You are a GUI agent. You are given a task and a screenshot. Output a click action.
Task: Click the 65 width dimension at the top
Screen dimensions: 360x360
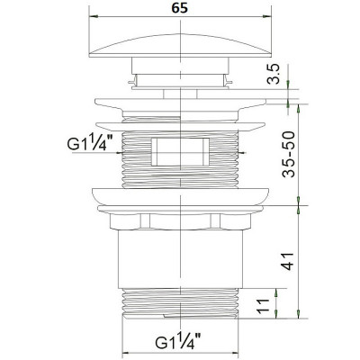[x=180, y=8]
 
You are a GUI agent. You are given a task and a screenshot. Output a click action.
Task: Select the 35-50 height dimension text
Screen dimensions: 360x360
[x=289, y=154]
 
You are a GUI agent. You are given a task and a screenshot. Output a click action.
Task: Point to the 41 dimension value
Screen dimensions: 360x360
[x=289, y=261]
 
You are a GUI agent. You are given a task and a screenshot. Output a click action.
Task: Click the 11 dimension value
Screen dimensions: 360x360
[x=263, y=306]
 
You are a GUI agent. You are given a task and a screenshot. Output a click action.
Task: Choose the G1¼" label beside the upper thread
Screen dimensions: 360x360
[x=90, y=143]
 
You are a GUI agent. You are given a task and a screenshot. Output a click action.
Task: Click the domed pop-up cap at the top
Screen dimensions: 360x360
[x=181, y=45]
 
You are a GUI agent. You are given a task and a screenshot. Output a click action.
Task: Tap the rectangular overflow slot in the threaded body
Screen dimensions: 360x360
[x=180, y=152]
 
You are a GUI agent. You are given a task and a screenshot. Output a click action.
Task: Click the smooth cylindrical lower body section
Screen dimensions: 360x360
[x=180, y=259]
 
